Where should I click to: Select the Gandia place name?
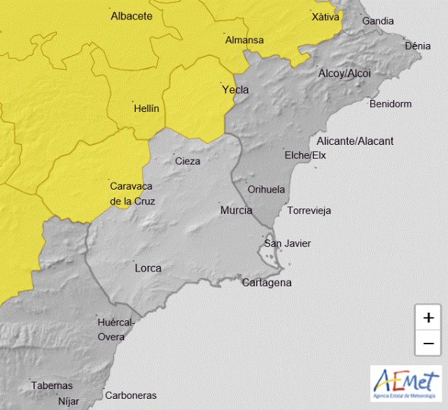click(378, 21)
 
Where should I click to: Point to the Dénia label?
click(418, 46)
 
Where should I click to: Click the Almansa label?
click(244, 40)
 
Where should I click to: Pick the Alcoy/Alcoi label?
click(344, 73)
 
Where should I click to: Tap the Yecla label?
click(234, 90)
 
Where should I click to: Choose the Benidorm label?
click(390, 104)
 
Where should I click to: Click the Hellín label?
click(146, 108)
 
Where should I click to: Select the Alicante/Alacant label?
click(355, 141)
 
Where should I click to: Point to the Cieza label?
click(188, 161)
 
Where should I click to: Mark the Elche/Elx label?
click(305, 155)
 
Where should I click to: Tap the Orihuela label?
click(267, 189)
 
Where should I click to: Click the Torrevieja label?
click(309, 210)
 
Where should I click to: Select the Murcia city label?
click(236, 210)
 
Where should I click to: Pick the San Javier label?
click(287, 243)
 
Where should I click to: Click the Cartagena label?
click(266, 283)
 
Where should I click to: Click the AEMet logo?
click(406, 383)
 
